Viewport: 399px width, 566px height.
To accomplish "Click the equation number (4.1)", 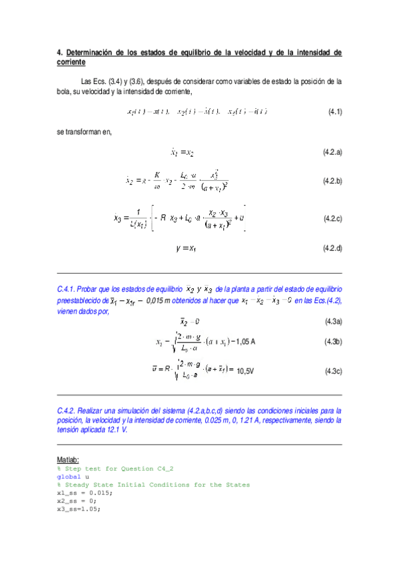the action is (x=334, y=111).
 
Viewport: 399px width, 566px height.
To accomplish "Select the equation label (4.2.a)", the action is (x=332, y=153).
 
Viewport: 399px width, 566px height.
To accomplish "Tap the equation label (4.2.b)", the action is (x=332, y=181).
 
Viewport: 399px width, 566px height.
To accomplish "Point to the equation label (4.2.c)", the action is (x=332, y=218).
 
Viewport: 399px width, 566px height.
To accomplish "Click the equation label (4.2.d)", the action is (x=332, y=248).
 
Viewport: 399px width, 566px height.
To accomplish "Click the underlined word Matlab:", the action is (x=69, y=461).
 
